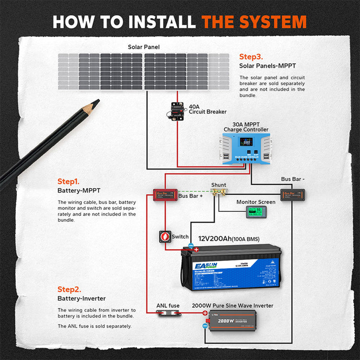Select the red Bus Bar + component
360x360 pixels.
coord(165,195)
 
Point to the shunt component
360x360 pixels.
coord(219,193)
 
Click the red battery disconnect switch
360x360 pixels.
coord(165,237)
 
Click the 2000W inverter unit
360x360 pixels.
coord(233,320)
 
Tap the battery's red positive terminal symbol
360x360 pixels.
coord(196,249)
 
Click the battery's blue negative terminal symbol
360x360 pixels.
coord(191,245)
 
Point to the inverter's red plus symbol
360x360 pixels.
coord(204,313)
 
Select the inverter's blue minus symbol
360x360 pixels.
coord(204,326)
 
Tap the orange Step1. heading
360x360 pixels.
coord(68,181)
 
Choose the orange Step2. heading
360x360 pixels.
coord(69,289)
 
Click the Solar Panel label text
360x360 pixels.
coord(144,47)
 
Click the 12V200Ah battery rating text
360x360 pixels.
coord(215,239)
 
